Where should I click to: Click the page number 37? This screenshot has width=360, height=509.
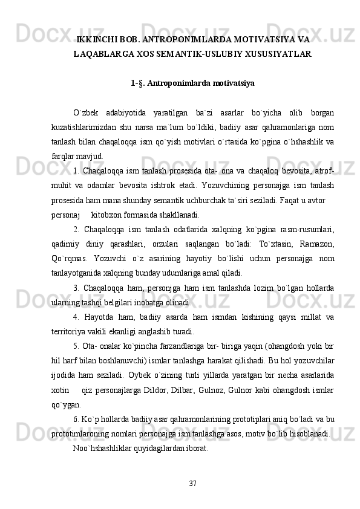[x=192, y=483]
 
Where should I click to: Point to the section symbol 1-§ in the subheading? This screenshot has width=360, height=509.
[x=137, y=82]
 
